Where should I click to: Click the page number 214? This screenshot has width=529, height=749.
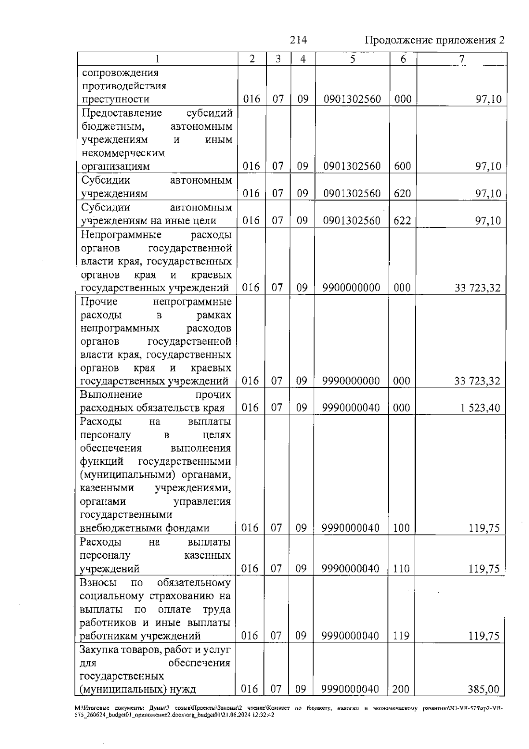[x=298, y=40]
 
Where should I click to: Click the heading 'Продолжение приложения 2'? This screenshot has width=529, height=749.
[x=435, y=41]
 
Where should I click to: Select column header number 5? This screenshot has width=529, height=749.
[x=352, y=59]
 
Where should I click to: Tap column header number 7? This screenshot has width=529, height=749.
[x=462, y=59]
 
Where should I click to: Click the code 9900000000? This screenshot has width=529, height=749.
[x=351, y=288]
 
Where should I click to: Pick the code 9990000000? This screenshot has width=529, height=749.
[x=351, y=381]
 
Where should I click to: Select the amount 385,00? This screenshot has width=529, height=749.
[x=484, y=689]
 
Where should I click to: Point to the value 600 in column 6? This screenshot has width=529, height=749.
[x=402, y=166]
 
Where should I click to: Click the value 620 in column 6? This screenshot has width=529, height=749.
[x=402, y=193]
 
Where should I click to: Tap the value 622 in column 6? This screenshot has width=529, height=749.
[x=402, y=221]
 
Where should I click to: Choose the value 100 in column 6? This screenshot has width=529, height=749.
[x=401, y=528]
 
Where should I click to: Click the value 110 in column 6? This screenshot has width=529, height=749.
[x=401, y=568]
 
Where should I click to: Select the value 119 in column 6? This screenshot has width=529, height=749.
[x=401, y=636]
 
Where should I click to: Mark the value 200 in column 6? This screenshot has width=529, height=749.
[x=401, y=689]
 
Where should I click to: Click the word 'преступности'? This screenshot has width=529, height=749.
[x=116, y=99]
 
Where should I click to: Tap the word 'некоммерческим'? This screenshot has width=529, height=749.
[x=123, y=153]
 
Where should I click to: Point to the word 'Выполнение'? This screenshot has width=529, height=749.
[x=111, y=395]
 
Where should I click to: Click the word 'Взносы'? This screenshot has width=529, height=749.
[x=98, y=583]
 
